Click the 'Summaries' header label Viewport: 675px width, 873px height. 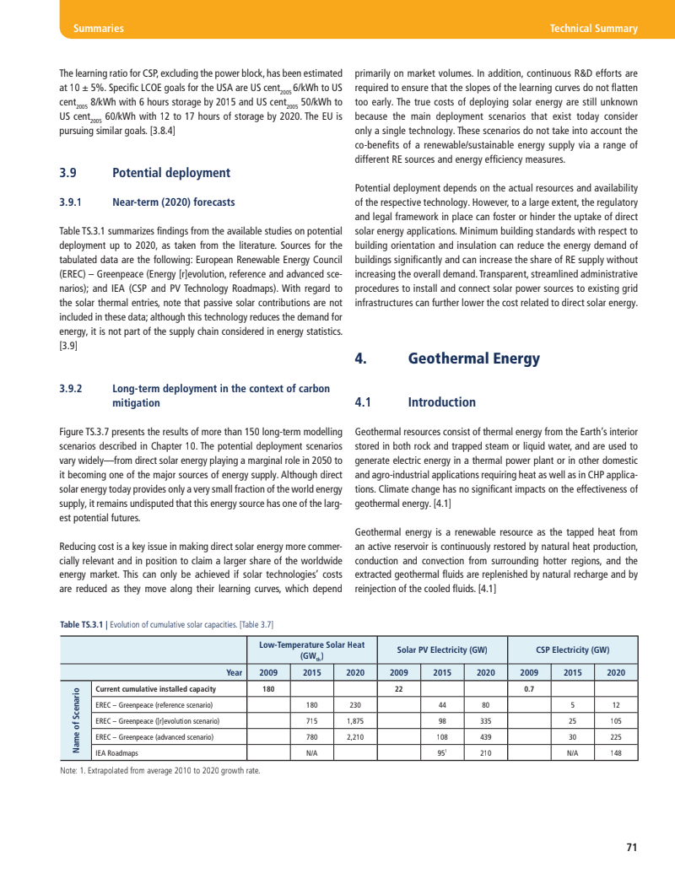(x=99, y=29)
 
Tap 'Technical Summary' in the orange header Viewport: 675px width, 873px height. (x=593, y=29)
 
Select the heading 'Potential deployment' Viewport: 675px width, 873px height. (x=171, y=173)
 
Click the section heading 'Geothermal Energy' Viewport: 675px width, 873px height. (x=473, y=358)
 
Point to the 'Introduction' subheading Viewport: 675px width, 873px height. (x=441, y=402)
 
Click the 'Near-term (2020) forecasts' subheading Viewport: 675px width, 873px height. (x=174, y=202)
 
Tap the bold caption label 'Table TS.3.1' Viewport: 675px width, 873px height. (x=82, y=624)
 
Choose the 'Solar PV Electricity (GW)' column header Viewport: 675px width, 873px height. (x=441, y=649)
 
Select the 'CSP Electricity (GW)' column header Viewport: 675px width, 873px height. (x=572, y=649)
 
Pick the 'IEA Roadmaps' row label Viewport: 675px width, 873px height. (x=117, y=752)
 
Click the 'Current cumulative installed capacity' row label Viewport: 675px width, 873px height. (x=156, y=688)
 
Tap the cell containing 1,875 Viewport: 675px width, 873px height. (x=354, y=720)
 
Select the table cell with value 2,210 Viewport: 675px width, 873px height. (x=354, y=736)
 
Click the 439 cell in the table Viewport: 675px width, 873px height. (x=485, y=736)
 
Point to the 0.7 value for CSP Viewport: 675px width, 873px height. (x=529, y=688)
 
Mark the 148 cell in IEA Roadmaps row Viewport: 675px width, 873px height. (x=616, y=752)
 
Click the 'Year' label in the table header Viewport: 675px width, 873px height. (x=235, y=672)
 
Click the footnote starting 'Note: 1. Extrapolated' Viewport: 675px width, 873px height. (x=160, y=771)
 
